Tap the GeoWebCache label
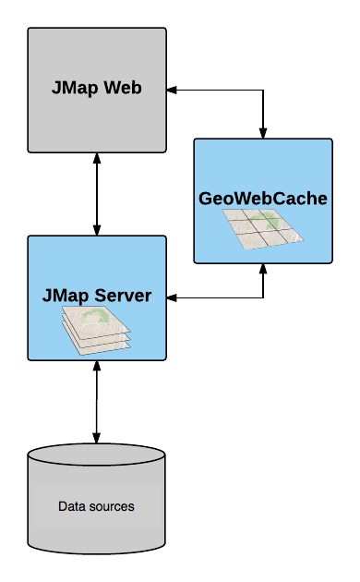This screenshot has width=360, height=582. (263, 199)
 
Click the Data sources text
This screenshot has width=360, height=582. (96, 506)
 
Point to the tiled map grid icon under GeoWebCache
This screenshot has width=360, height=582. (263, 229)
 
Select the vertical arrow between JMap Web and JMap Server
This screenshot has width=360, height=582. (97, 194)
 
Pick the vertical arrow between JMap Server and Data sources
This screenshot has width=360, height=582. (97, 402)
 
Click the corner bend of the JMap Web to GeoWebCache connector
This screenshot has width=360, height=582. (264, 90)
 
